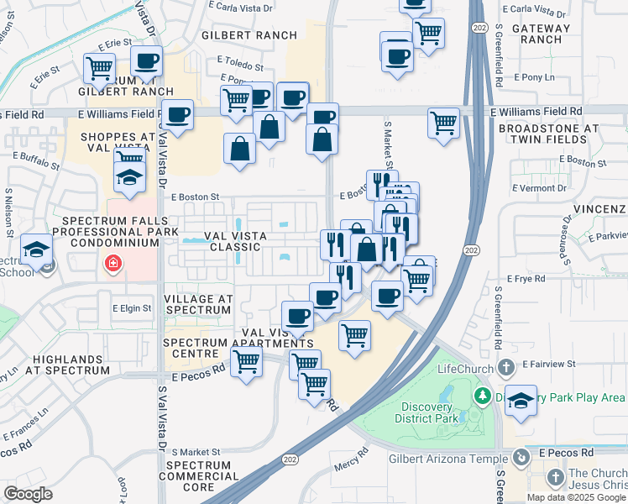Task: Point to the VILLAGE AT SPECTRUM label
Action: click(x=197, y=304)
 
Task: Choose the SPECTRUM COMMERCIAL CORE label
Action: click(x=199, y=476)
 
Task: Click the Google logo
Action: click(x=29, y=494)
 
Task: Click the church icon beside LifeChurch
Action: click(x=505, y=367)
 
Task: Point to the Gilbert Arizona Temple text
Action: click(x=447, y=459)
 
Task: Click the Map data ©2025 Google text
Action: click(x=576, y=497)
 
